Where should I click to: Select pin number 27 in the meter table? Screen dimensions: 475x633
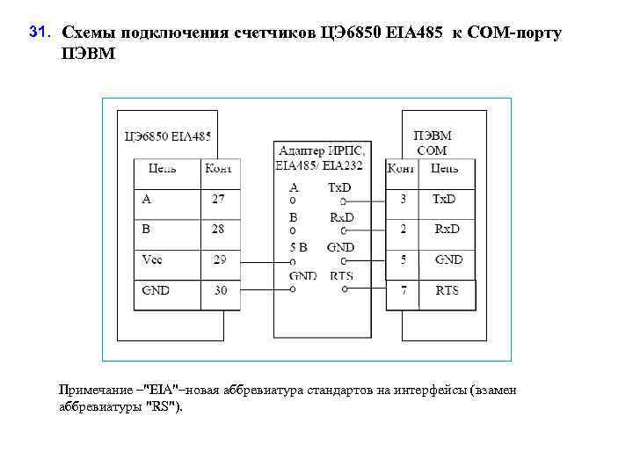(218, 200)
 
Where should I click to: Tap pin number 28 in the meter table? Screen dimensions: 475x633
(218, 229)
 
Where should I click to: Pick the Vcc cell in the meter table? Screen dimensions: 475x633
(153, 259)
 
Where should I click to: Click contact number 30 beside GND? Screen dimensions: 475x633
(219, 289)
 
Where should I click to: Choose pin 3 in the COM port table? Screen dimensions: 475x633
(403, 200)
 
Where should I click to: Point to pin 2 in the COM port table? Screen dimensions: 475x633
(403, 229)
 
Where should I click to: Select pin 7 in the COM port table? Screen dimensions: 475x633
(403, 289)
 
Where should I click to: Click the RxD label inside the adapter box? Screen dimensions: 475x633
(341, 216)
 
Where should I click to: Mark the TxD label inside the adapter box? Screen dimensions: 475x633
(339, 187)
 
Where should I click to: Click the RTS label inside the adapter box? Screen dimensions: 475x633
(341, 276)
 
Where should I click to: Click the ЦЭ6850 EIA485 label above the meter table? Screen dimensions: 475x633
(168, 136)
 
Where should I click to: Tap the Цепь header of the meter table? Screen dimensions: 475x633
(163, 168)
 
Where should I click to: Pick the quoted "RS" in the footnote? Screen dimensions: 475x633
(166, 406)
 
